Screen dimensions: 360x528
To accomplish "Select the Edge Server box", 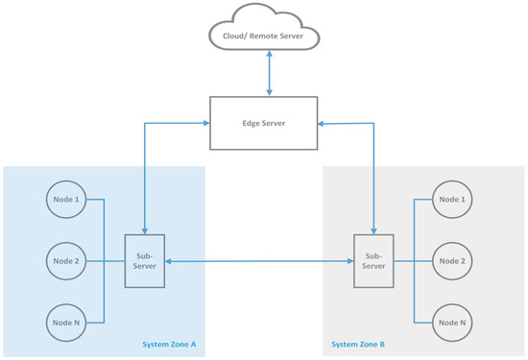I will (263, 123).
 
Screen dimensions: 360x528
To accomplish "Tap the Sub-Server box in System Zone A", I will (144, 259).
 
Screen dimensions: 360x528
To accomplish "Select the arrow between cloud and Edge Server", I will (269, 73).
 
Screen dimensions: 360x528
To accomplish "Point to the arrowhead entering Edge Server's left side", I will (204, 123).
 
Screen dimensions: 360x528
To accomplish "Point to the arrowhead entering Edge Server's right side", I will (323, 123).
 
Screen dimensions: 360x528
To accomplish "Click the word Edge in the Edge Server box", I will (252, 123).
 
